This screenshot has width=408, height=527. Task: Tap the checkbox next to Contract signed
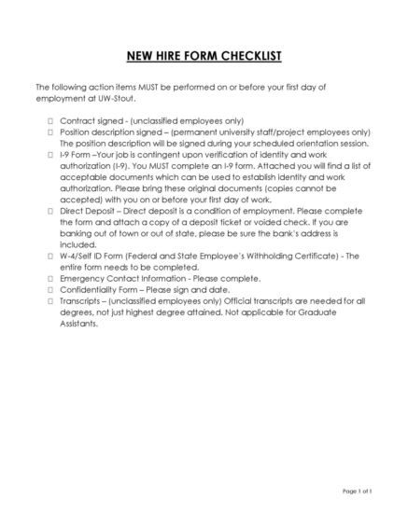pos(50,121)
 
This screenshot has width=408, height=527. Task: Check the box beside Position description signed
pos(50,132)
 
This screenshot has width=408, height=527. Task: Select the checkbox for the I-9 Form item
pos(50,156)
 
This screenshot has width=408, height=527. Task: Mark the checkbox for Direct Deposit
pos(50,212)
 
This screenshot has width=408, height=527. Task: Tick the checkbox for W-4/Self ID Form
pos(50,256)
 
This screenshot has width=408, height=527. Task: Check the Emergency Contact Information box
pos(50,278)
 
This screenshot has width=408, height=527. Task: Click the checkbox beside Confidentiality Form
pos(50,289)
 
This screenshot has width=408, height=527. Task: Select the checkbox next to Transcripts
pos(50,300)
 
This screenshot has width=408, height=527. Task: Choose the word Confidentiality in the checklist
pos(91,289)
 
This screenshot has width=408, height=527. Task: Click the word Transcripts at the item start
pos(82,300)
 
